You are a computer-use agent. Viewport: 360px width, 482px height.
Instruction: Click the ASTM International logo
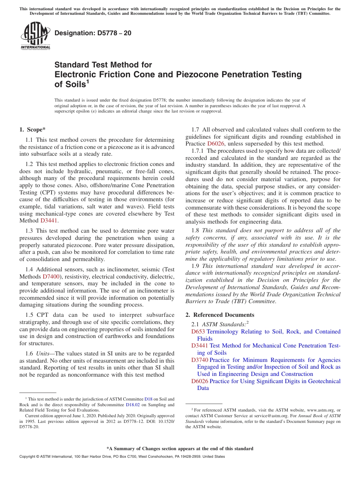[35, 36]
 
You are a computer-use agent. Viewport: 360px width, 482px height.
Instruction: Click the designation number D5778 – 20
[93, 33]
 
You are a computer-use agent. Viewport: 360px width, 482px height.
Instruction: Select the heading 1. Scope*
[33, 130]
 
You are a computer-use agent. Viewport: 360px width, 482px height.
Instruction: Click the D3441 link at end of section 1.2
[49, 221]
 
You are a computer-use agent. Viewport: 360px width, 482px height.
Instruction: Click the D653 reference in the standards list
[198, 332]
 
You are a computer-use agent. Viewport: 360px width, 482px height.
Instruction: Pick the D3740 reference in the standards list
[199, 360]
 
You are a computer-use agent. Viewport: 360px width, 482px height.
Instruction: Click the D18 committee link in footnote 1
[148, 399]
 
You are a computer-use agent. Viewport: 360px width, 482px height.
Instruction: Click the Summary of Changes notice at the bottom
[180, 449]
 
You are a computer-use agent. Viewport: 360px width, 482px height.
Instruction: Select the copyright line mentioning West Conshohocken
[122, 457]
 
